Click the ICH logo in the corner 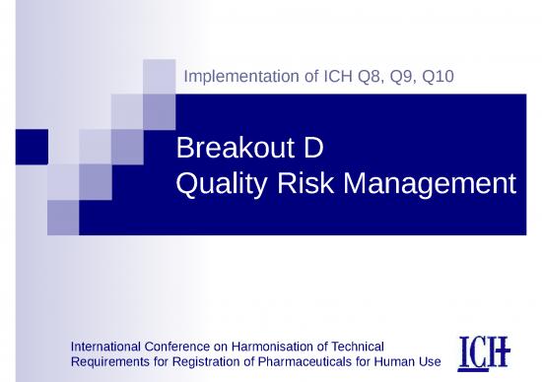[x=484, y=353]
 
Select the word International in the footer [x=107, y=346]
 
